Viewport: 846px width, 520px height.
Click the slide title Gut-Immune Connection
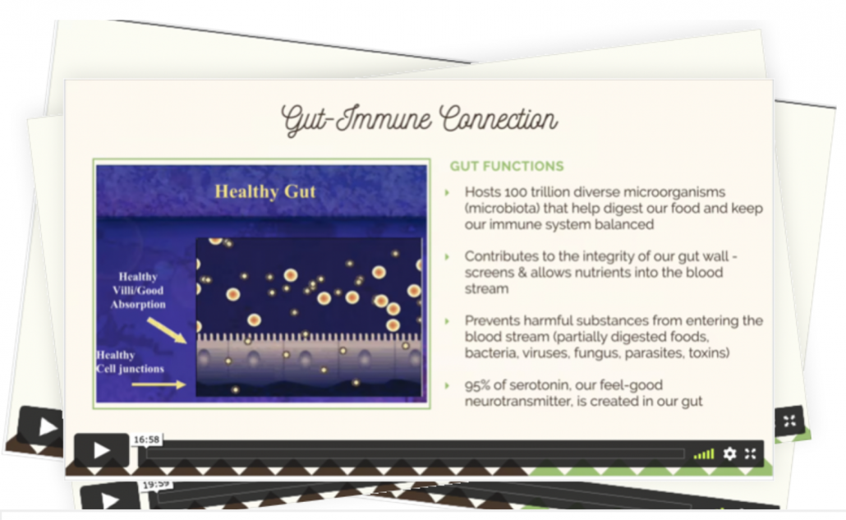(x=419, y=119)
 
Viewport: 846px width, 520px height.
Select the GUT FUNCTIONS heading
(x=507, y=166)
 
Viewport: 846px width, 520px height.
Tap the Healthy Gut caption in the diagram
(x=265, y=191)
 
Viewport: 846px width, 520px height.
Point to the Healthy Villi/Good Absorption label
(x=138, y=290)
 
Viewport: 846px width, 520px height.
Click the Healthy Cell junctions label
(x=130, y=362)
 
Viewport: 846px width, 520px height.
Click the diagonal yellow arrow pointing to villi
(x=167, y=330)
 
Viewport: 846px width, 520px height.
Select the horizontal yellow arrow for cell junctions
(x=159, y=384)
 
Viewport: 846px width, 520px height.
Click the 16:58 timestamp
(x=147, y=439)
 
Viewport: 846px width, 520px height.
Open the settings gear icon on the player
(x=729, y=453)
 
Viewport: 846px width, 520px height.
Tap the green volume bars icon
(x=704, y=454)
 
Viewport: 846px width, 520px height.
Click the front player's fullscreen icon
(x=751, y=453)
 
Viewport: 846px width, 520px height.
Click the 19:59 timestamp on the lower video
(x=156, y=485)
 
